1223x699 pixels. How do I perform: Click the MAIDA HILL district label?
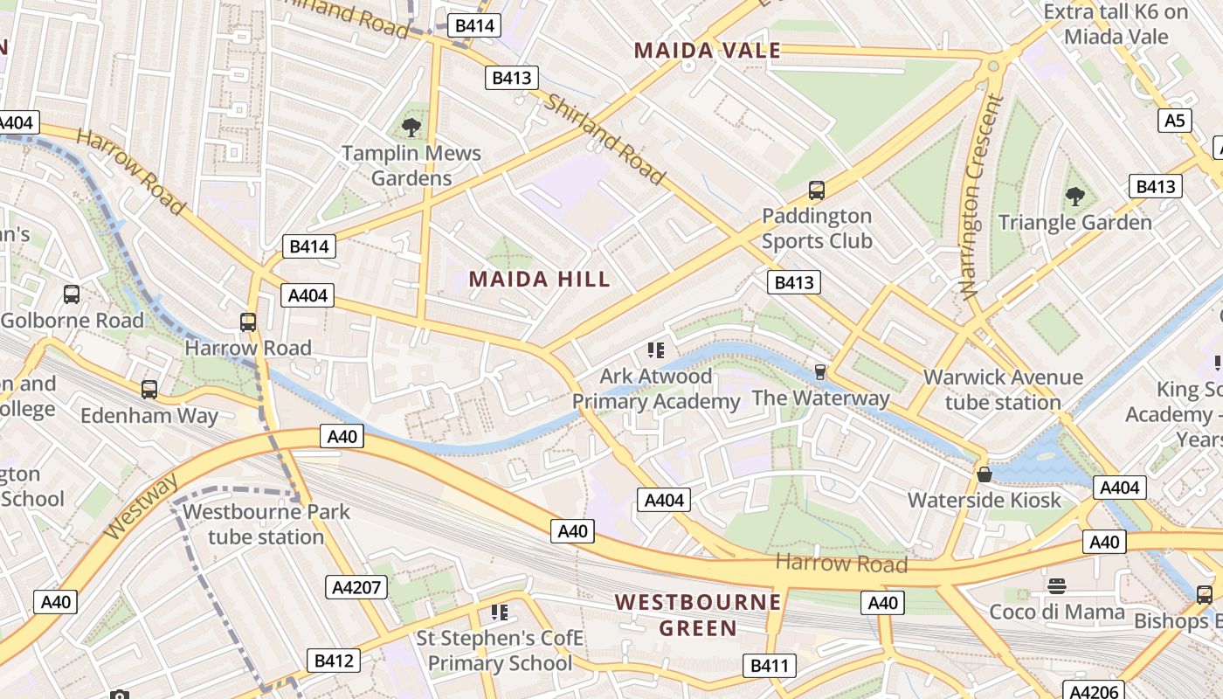[539, 280]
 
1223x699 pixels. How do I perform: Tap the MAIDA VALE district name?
[707, 51]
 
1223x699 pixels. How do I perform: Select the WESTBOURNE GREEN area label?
[697, 614]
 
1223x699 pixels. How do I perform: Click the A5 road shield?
[1176, 120]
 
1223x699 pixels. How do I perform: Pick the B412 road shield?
[333, 661]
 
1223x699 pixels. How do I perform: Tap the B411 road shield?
[770, 666]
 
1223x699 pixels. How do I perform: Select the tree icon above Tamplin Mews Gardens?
[411, 128]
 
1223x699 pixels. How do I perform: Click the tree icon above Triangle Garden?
[1074, 197]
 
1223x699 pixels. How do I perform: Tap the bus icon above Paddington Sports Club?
[817, 190]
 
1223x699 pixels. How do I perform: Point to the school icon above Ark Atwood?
[655, 350]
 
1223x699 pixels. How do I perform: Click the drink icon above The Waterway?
[819, 372]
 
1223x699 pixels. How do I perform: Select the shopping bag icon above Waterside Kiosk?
[984, 474]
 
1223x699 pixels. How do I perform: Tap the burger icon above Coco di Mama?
[1056, 585]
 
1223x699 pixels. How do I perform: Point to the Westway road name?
[141, 507]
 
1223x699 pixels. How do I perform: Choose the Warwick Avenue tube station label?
[1003, 390]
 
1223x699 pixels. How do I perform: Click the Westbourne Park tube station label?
[266, 524]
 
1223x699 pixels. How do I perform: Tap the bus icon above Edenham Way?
[149, 390]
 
